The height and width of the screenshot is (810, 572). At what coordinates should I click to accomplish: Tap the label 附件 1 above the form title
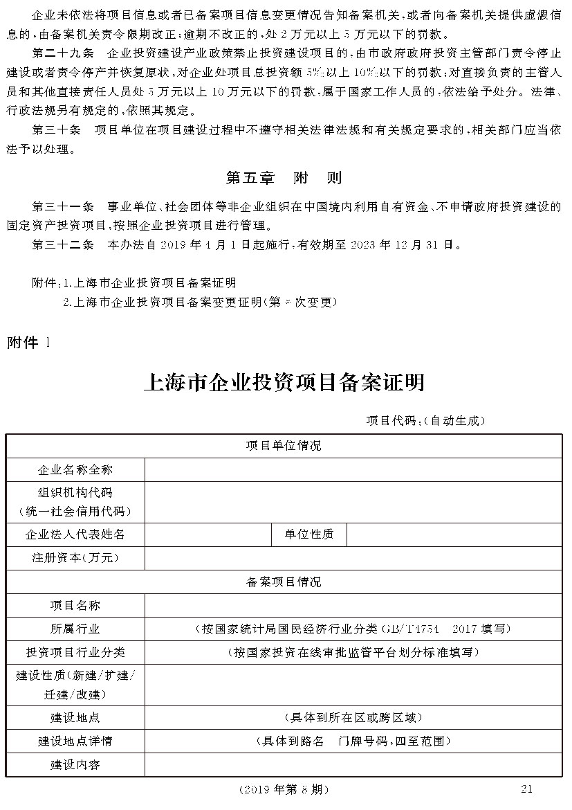[28, 341]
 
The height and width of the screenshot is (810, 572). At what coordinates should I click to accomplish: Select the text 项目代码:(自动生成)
[426, 420]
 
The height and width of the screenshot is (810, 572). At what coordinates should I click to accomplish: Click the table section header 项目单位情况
[284, 445]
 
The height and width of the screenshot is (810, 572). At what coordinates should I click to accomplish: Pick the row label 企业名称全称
[75, 469]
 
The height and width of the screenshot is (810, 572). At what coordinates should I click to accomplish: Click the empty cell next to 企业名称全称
[353, 469]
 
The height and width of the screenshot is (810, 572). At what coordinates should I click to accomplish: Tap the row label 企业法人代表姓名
[75, 534]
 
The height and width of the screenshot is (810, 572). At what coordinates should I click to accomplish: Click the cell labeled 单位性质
[308, 534]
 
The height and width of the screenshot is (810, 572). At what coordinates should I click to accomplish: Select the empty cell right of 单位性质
[454, 534]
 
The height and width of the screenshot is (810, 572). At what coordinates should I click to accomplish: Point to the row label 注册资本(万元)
[75, 557]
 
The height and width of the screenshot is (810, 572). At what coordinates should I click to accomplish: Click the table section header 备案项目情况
[284, 582]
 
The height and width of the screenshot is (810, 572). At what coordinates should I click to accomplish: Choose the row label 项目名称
[75, 605]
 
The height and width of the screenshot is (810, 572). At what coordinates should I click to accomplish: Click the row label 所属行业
[75, 629]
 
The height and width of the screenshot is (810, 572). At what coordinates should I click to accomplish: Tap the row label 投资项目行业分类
[75, 652]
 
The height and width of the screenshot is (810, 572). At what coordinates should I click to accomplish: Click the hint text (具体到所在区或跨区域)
[353, 717]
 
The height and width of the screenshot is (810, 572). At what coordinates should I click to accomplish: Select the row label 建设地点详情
[75, 741]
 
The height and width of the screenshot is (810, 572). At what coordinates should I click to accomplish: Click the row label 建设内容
[75, 764]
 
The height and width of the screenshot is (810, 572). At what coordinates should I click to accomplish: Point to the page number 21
[526, 789]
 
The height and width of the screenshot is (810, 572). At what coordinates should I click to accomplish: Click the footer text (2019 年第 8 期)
[284, 789]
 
